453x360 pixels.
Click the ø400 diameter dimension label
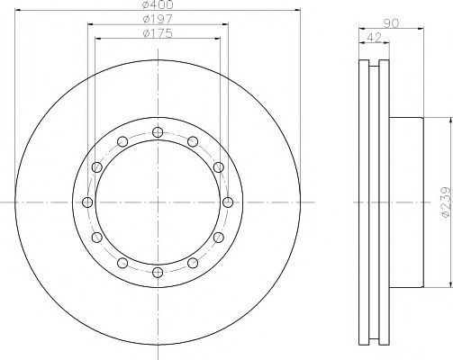pyautogui.click(x=158, y=4)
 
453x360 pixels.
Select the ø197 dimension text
pyautogui.click(x=158, y=19)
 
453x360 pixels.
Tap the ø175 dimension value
pyautogui.click(x=158, y=33)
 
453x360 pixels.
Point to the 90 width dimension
pyautogui.click(x=391, y=23)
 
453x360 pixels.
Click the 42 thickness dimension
pyautogui.click(x=374, y=38)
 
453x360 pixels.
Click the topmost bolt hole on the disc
pyautogui.click(x=158, y=132)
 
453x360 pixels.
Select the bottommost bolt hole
pyautogui.click(x=158, y=273)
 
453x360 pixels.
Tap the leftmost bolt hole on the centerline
pyautogui.click(x=87, y=202)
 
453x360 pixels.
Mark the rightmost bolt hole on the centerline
pyautogui.click(x=228, y=202)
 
